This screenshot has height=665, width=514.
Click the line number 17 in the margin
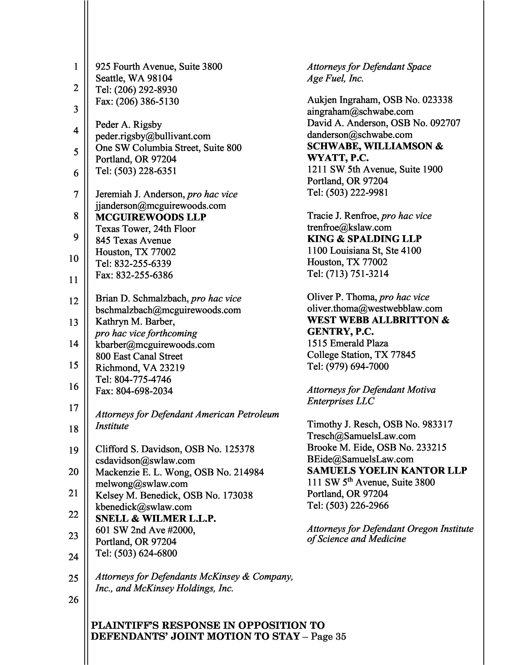(73, 408)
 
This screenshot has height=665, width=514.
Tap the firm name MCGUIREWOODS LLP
(151, 217)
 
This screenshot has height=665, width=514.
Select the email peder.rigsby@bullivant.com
(153, 136)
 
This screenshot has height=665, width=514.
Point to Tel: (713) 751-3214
(348, 274)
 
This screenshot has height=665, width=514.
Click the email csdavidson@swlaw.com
(145, 461)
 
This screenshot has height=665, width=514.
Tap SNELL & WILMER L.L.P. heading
(156, 519)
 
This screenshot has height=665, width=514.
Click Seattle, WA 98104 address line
(134, 78)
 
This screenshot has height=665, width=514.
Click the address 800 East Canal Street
(139, 356)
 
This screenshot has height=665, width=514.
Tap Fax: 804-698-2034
(134, 391)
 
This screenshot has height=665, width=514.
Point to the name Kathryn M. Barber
(135, 322)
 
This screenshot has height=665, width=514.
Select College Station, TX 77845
(361, 355)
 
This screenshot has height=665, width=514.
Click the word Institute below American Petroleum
(112, 426)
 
